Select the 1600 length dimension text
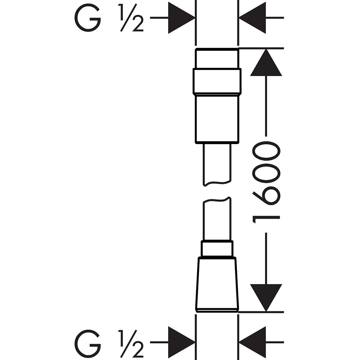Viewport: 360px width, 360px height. (x=266, y=183)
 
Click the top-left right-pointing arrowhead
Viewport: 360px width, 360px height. (x=181, y=18)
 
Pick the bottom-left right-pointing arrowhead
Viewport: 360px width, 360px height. (x=181, y=342)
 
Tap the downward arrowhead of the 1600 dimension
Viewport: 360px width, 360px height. (x=266, y=298)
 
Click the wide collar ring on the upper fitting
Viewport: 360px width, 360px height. (x=217, y=81)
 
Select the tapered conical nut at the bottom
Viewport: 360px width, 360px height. (x=217, y=284)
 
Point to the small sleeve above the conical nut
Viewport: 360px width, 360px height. (x=217, y=248)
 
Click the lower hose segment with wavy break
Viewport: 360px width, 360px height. (x=217, y=219)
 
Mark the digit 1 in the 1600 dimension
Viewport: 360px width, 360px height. (x=266, y=220)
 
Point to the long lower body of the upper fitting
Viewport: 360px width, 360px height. (x=217, y=119)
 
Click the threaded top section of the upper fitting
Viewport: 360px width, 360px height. (x=217, y=59)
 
